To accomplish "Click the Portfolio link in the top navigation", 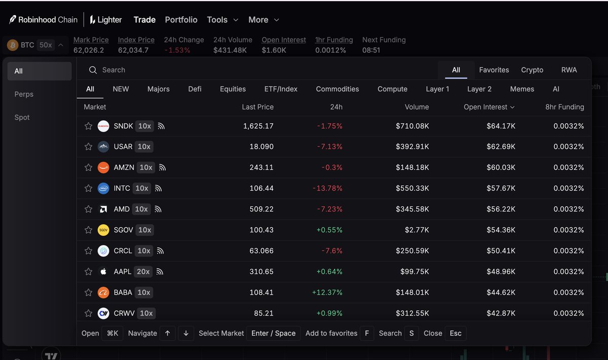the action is [181, 20].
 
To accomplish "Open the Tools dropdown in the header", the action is [222, 20].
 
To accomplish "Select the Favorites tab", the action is [493, 70].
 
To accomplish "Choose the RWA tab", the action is [569, 70].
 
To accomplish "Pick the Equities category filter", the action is [233, 89].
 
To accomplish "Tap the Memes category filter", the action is [522, 89].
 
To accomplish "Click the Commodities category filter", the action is [337, 89].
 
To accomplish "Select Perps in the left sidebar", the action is [24, 94].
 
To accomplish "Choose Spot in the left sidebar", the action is [22, 117].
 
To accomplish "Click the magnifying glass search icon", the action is [93, 70].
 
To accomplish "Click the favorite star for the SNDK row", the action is [88, 126].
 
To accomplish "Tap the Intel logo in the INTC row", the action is [103, 188].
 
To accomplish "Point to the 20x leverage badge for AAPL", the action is [143, 271].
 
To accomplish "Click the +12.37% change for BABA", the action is [327, 293].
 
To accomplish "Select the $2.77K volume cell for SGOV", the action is [417, 230].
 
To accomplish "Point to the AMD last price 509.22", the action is [261, 209].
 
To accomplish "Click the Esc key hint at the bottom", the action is [455, 333].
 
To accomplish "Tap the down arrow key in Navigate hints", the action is [186, 333].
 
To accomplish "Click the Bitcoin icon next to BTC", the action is [13, 45].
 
